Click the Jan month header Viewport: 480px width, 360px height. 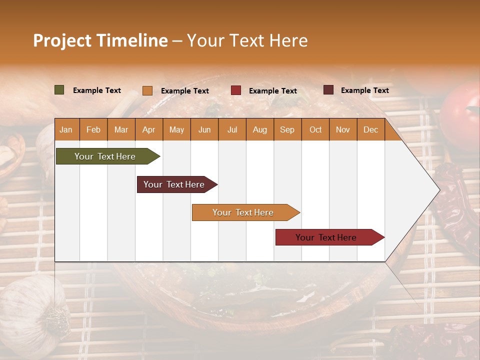(x=66, y=129)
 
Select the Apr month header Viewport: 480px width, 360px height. (x=148, y=129)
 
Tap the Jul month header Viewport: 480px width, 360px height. (x=232, y=129)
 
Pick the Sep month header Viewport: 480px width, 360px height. (x=287, y=129)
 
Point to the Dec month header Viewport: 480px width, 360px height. (x=370, y=129)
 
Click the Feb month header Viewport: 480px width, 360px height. (x=93, y=129)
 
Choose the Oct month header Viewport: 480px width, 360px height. (x=315, y=129)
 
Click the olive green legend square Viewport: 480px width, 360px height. (x=59, y=90)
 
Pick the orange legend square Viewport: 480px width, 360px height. (x=147, y=90)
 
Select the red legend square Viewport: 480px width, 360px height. (x=236, y=90)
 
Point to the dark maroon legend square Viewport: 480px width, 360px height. (x=328, y=90)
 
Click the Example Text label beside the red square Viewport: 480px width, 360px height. (x=272, y=91)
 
